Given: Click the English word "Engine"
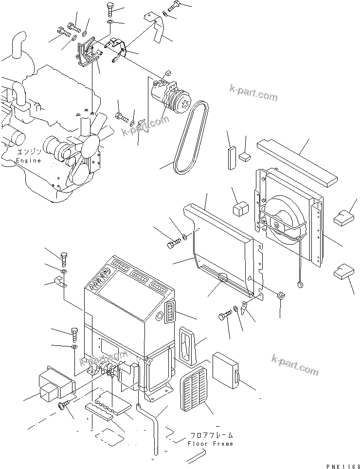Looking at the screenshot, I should [28, 161].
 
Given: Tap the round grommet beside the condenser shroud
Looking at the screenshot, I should [281, 295].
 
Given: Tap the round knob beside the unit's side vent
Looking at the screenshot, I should [159, 317].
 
